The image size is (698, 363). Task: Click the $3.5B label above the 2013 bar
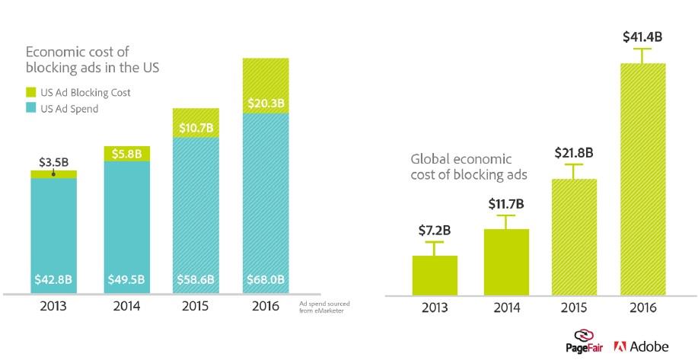(x=53, y=161)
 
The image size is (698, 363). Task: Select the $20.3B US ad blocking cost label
(x=266, y=101)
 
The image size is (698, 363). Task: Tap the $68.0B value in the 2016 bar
(x=266, y=279)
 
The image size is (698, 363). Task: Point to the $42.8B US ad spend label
(x=53, y=279)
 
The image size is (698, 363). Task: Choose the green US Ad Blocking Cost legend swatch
(x=31, y=93)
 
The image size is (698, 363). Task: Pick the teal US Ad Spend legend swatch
(x=31, y=109)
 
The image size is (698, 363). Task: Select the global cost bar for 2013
(x=435, y=275)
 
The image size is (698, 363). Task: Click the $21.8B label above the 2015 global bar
(x=574, y=151)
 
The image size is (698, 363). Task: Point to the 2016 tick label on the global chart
(x=643, y=308)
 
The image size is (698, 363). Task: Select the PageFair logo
(x=585, y=341)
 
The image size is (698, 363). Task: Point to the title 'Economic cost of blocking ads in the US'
(x=92, y=60)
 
